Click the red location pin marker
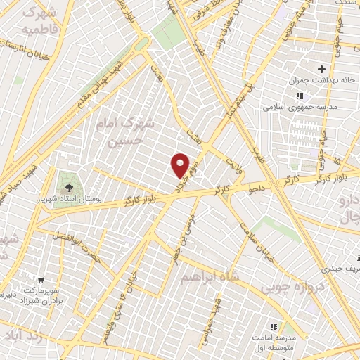(x=181, y=165)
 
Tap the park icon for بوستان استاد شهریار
(x=69, y=187)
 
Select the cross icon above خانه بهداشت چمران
(x=322, y=69)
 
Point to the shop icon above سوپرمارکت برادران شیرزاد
(x=41, y=280)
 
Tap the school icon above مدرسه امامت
(x=274, y=327)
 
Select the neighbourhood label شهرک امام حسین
(x=123, y=132)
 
